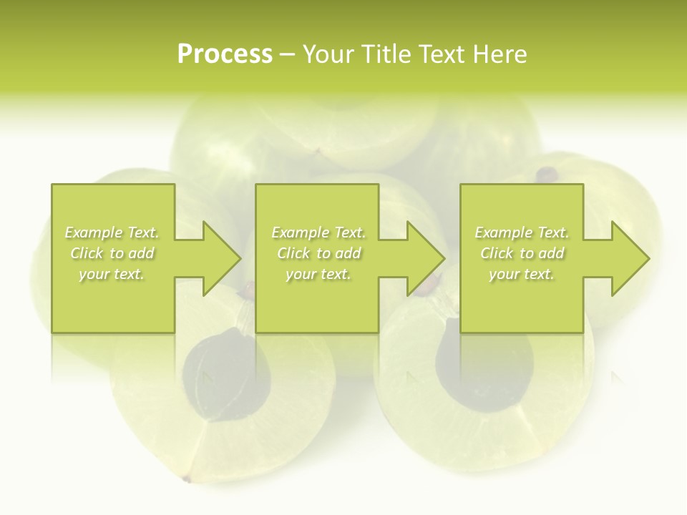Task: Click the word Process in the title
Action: (x=225, y=54)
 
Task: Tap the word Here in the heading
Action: (x=500, y=54)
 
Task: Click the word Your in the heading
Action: (x=330, y=54)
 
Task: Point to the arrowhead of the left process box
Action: (x=222, y=258)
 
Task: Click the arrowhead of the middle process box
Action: (x=426, y=258)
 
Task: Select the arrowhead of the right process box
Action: (x=630, y=258)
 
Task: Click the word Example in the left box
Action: (x=93, y=232)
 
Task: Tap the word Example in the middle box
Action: (x=299, y=232)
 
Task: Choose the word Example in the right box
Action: (x=503, y=232)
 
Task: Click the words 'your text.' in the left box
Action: (x=112, y=274)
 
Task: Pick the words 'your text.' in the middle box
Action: (x=318, y=274)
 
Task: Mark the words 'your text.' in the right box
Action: (x=522, y=274)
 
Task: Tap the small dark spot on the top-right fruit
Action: (x=547, y=173)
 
